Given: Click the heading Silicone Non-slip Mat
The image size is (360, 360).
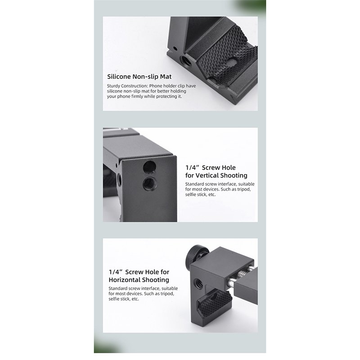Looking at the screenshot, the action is tap(139, 76).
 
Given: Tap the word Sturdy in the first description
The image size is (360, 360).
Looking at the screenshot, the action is tap(113, 86).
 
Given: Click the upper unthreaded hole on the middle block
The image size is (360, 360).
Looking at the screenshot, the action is tap(149, 166).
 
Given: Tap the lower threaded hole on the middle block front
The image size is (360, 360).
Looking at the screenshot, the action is tap(150, 184).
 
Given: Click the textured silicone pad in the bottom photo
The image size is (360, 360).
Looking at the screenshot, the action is tap(215, 303).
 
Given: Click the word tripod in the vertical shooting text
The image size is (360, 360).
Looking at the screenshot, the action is tap(244, 189).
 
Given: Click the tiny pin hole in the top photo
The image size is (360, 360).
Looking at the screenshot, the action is tap(175, 49).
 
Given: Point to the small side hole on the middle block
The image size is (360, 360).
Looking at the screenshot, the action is tap(119, 179).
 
